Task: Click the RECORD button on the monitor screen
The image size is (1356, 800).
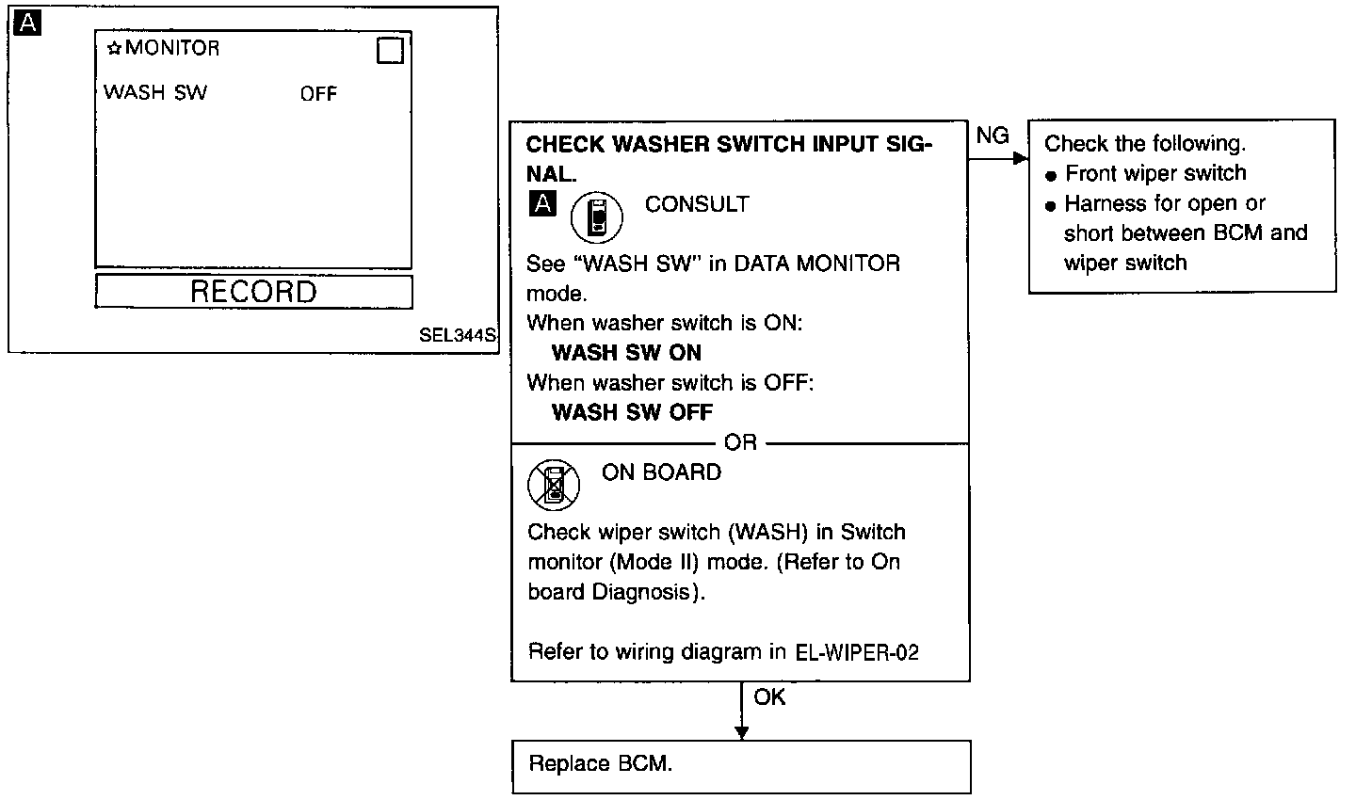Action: (253, 292)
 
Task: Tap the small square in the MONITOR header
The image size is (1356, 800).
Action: (390, 51)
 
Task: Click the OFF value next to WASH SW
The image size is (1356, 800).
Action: (318, 93)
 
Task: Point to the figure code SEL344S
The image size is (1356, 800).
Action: (459, 335)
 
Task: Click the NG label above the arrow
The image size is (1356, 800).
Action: (993, 136)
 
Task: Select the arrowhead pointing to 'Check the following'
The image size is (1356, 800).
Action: (1020, 159)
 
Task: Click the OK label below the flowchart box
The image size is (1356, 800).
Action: (769, 697)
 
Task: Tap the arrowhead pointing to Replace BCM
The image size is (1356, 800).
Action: (741, 732)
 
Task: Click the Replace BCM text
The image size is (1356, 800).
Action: (601, 763)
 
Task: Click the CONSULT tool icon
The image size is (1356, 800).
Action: (597, 218)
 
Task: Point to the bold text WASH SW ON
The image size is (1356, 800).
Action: (626, 353)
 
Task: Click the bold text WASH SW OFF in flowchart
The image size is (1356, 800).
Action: (632, 412)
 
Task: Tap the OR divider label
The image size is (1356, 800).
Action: (741, 442)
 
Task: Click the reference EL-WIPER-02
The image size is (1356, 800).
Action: (857, 652)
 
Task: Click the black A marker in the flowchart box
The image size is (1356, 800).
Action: (542, 202)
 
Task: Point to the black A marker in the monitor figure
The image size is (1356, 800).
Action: (28, 24)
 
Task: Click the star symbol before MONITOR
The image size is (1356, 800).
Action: (115, 48)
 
